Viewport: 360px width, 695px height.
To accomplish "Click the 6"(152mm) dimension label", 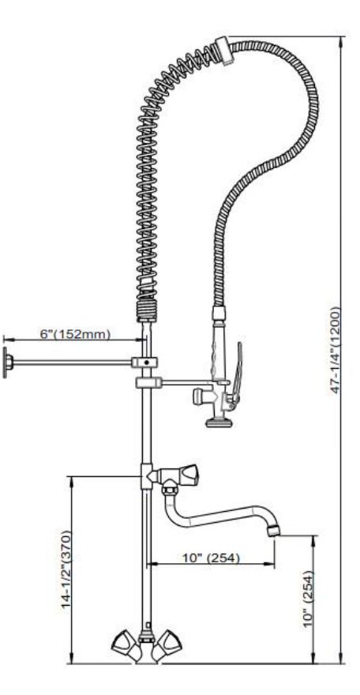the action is (x=75, y=333).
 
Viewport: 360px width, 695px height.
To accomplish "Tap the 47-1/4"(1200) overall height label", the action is (x=336, y=350).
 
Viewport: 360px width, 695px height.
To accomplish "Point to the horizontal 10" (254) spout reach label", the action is (x=212, y=558).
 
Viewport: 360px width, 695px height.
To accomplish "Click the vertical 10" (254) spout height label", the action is (x=308, y=599).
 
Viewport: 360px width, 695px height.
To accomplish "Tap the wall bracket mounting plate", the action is (x=6, y=363).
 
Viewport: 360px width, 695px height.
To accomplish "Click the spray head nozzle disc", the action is (x=219, y=423).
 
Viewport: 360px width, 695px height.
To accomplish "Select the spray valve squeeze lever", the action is (x=238, y=371).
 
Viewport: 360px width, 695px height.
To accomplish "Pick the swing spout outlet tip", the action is (x=274, y=530).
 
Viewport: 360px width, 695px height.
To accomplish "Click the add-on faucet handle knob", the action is (x=189, y=475).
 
